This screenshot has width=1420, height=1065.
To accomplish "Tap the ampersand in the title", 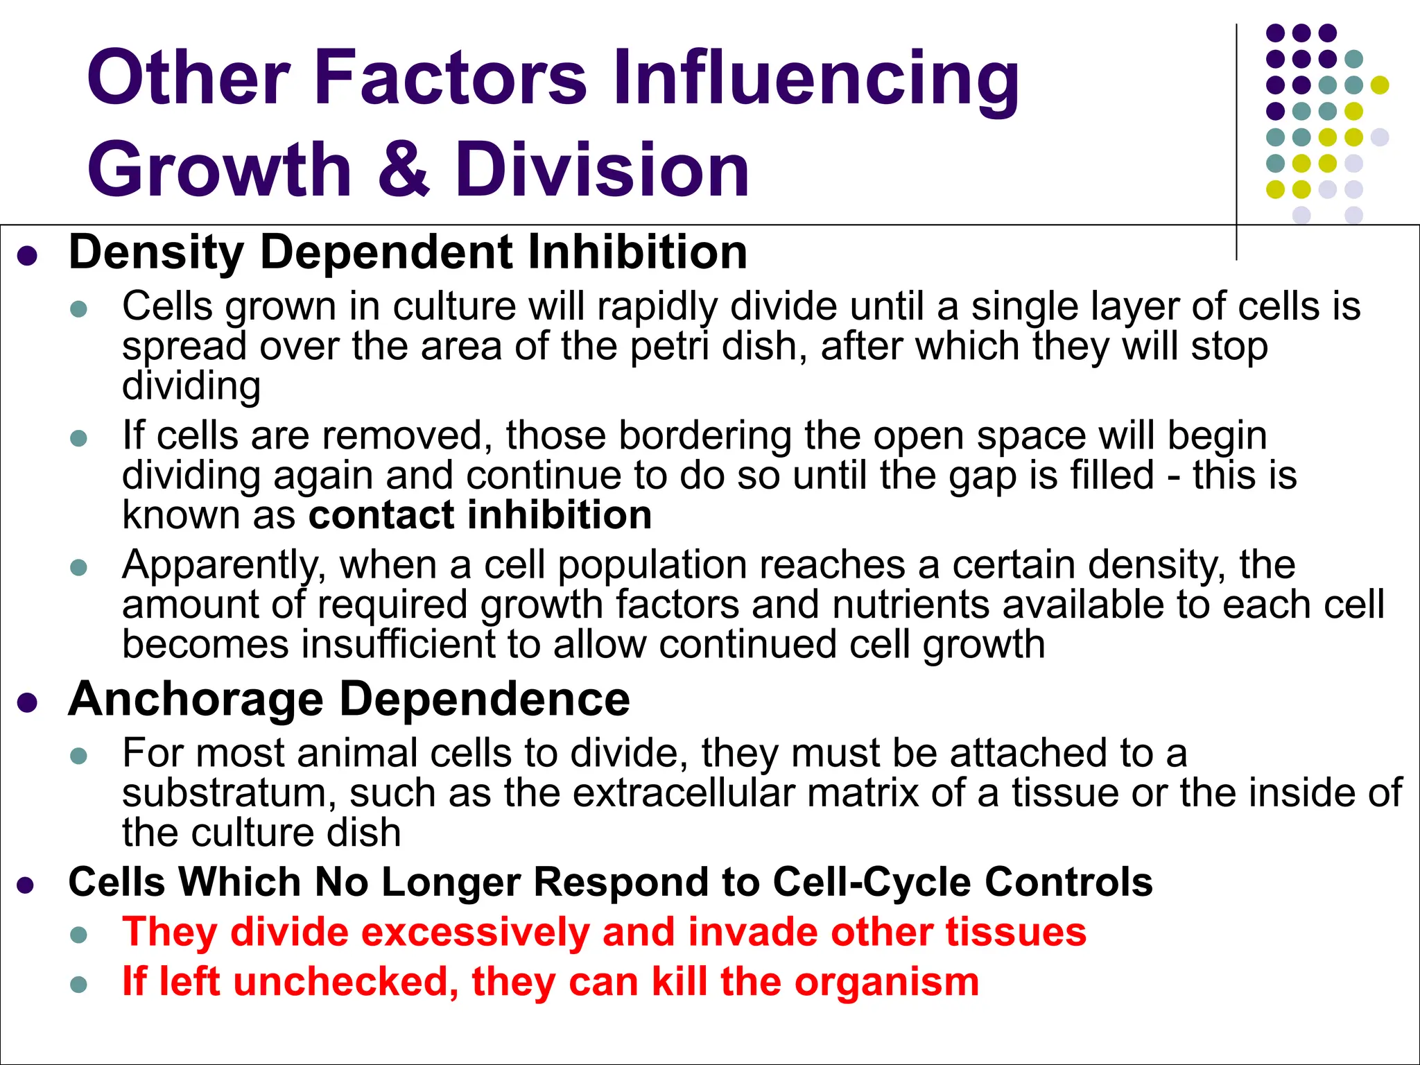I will tap(404, 168).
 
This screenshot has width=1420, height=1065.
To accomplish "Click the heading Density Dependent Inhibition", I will tap(408, 252).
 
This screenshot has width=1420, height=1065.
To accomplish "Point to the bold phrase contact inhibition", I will tap(480, 515).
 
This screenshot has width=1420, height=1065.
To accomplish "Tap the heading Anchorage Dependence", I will tap(349, 699).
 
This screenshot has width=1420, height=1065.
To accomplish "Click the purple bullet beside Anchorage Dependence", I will tap(27, 702).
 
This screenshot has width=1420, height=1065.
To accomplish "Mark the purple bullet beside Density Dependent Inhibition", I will tap(27, 256).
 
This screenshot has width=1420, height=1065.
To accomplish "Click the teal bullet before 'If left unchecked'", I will tap(79, 985).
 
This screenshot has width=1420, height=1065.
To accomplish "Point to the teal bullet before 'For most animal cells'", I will tap(79, 756).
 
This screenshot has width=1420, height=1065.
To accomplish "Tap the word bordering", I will tap(705, 437).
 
